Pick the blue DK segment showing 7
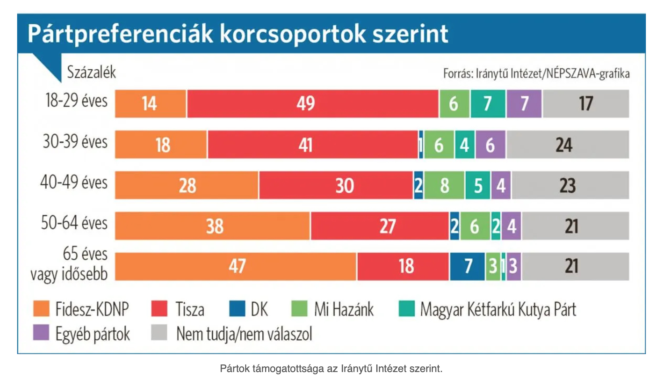click(467, 266)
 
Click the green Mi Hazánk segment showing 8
click(444, 185)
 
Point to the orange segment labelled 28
click(187, 185)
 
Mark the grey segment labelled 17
click(586, 104)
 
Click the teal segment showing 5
click(478, 185)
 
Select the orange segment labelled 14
click(150, 104)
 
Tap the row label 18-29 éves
click(76, 101)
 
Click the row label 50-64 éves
click(74, 223)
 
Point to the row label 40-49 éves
click(74, 182)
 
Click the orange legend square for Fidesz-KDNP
click(41, 309)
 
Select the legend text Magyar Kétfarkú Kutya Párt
click(498, 309)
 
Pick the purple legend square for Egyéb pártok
click(41, 333)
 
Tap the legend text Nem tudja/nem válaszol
click(244, 334)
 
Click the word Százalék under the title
click(91, 72)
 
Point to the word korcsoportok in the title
click(293, 34)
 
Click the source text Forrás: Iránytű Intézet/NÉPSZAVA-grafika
click(536, 73)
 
